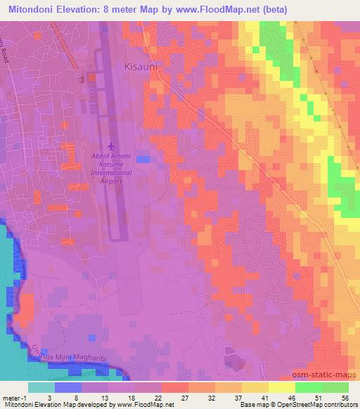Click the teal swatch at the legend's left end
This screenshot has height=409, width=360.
tap(41, 387)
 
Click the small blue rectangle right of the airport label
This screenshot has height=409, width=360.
tap(143, 159)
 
